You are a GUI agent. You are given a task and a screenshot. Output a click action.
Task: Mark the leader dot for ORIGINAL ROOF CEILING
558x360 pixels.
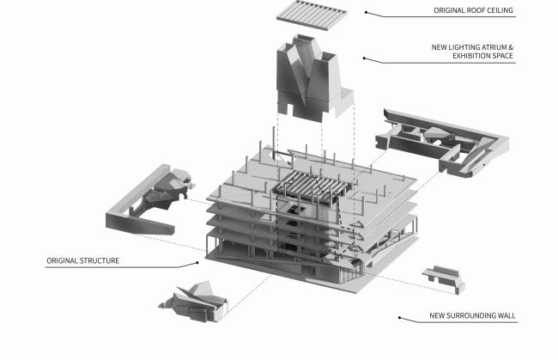[366, 12]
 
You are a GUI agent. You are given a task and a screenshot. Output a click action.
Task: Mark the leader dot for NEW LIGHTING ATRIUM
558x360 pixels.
[364, 58]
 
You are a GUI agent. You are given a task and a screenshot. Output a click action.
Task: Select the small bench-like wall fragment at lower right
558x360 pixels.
[443, 280]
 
